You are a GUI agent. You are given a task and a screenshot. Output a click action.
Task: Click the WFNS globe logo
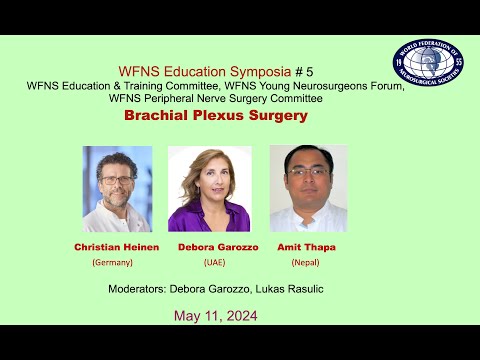tap(428, 70)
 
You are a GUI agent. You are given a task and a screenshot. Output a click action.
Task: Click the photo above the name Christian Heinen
tap(117, 189)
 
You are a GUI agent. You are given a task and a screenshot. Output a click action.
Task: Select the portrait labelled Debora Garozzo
tap(209, 189)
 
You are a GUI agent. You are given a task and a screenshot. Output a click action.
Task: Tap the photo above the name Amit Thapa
tap(308, 189)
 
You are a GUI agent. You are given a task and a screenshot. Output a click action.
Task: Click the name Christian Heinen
tap(112, 246)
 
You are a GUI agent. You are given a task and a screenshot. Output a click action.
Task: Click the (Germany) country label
tap(112, 262)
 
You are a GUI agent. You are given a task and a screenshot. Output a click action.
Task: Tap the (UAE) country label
tap(214, 262)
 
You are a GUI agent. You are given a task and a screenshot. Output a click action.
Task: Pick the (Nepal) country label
tap(305, 262)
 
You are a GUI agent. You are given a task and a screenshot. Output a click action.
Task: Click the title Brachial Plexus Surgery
tap(215, 116)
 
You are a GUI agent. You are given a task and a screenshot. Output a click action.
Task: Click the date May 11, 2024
tap(215, 316)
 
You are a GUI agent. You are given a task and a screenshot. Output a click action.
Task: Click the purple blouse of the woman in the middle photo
tap(209, 218)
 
